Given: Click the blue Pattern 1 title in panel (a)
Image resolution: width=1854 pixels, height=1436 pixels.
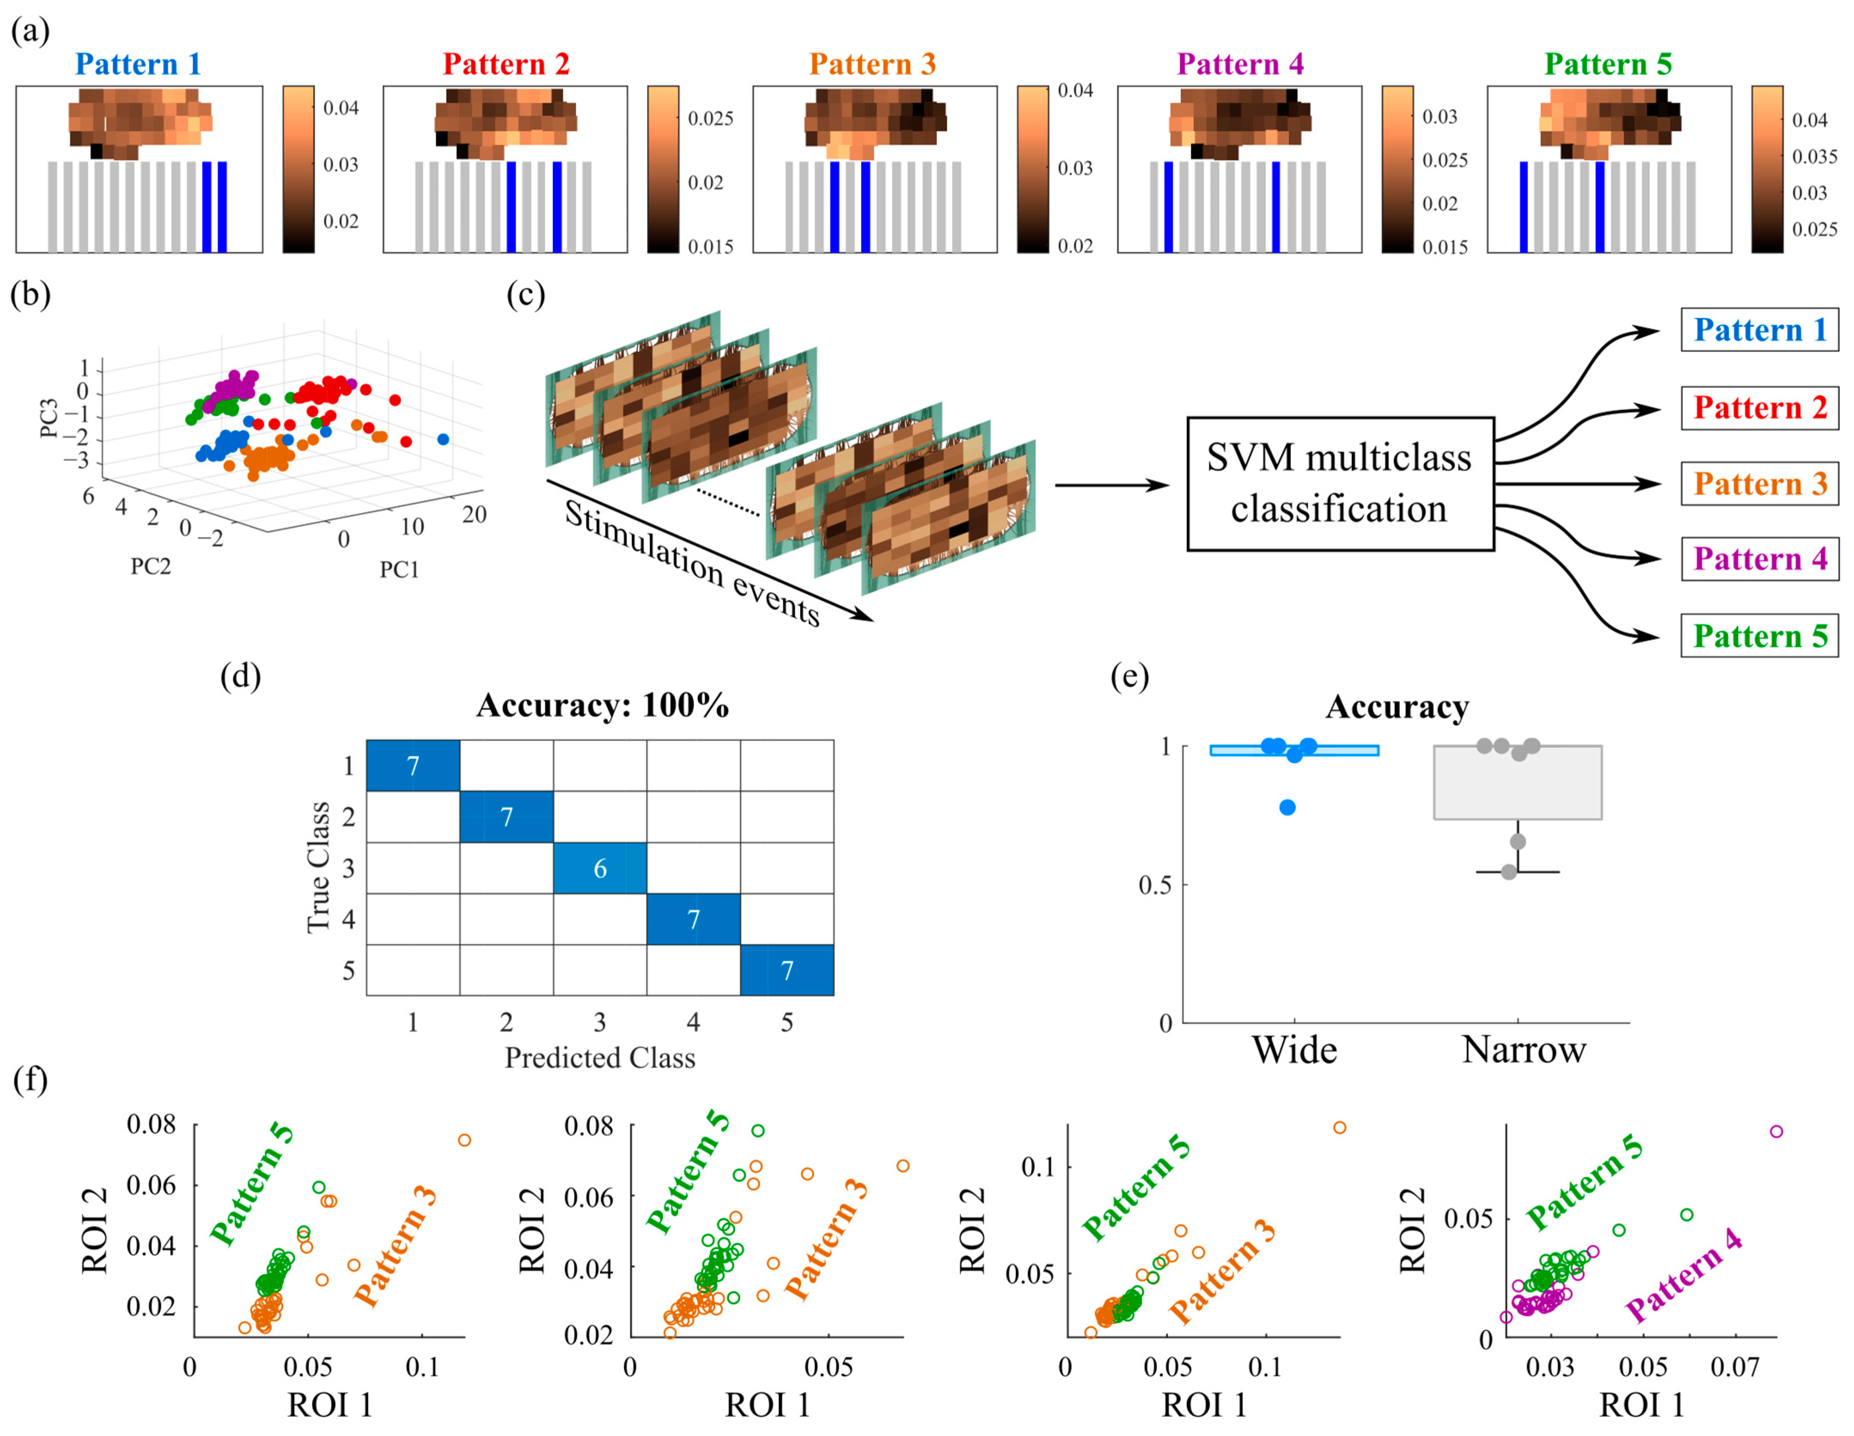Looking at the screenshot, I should pos(137,64).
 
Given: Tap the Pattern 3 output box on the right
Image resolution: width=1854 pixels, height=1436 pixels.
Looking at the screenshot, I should pos(1760,484).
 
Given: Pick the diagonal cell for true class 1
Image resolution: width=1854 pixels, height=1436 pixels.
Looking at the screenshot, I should pos(412,765).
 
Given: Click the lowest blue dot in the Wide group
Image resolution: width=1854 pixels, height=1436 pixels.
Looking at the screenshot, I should pos(1288,807).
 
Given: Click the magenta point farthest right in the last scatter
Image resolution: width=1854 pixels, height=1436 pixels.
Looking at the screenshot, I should pos(1776,1131).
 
